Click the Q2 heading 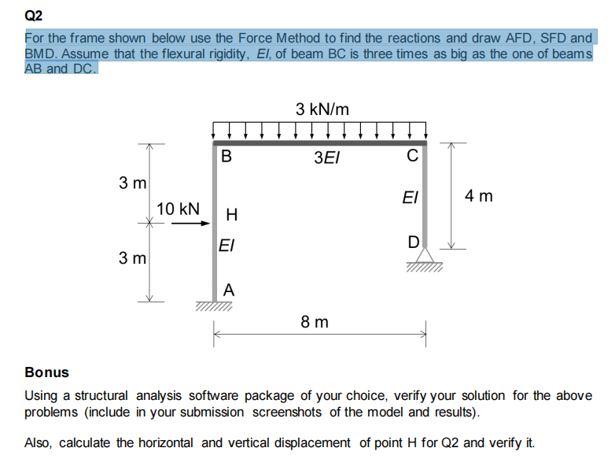pyautogui.click(x=34, y=14)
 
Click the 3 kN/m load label pyautogui.click(x=322, y=109)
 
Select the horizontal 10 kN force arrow pyautogui.click(x=190, y=223)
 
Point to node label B pyautogui.click(x=226, y=156)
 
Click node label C pyautogui.click(x=412, y=156)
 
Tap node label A pyautogui.click(x=228, y=290)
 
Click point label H pyautogui.click(x=230, y=214)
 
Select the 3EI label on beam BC pyautogui.click(x=326, y=157)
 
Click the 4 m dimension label pyautogui.click(x=480, y=194)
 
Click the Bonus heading pyautogui.click(x=46, y=372)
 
